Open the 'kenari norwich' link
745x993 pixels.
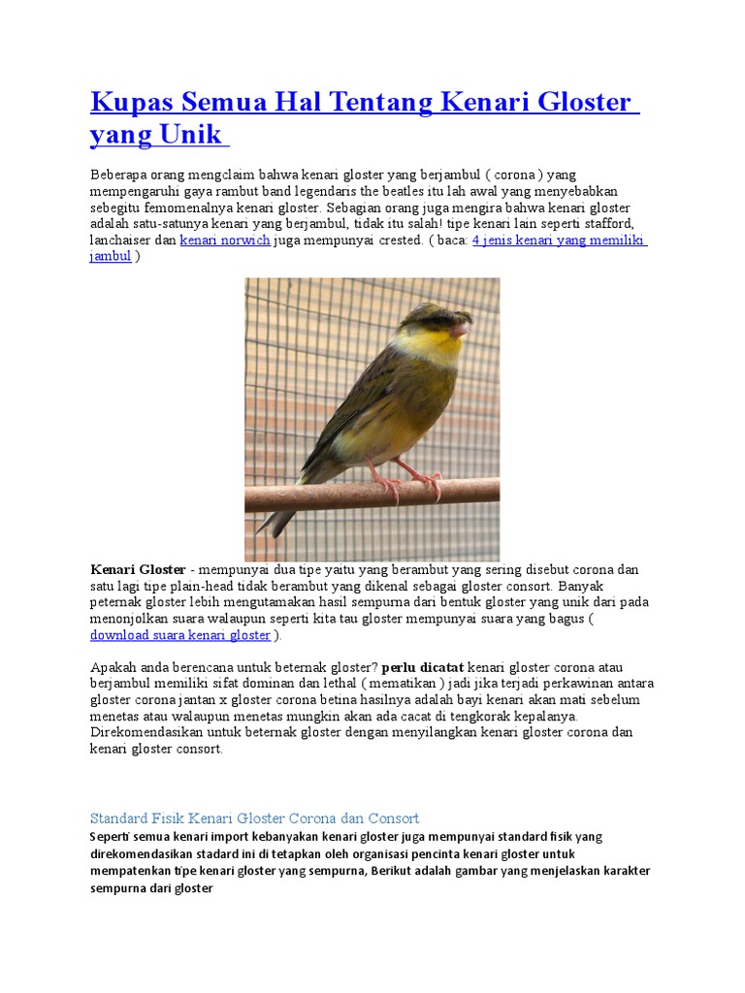pos(225,240)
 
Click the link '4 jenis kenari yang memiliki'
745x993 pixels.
pos(559,240)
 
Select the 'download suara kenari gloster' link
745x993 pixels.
pos(180,635)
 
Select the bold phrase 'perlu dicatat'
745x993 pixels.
pos(423,668)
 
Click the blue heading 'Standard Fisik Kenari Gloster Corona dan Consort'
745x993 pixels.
pos(254,818)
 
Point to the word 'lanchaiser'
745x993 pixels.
pos(121,240)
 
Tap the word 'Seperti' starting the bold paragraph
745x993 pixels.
pos(114,837)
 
